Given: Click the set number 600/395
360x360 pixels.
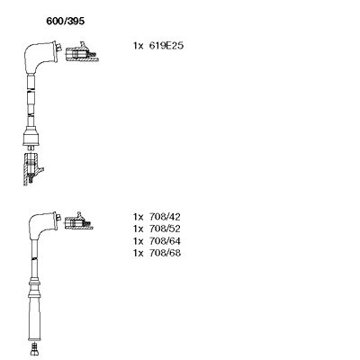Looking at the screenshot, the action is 65,21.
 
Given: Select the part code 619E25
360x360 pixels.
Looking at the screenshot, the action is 166,46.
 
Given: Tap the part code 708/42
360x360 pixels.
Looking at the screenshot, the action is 165,217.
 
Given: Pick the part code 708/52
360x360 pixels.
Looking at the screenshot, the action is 165,229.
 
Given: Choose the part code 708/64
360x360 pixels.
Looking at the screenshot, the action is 165,241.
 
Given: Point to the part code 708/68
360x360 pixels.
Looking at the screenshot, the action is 165,253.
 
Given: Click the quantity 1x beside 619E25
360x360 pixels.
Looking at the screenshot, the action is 138,46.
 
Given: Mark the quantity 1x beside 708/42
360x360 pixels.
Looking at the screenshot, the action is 138,217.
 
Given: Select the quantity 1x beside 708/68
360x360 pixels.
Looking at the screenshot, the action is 138,253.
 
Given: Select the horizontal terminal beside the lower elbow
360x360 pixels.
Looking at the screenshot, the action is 78,222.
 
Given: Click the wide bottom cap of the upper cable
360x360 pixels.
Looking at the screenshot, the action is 31,139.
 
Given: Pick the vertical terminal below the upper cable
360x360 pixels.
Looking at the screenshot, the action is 32,168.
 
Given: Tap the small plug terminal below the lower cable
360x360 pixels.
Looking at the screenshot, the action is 34,349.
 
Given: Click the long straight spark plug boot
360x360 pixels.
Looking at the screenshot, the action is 34,318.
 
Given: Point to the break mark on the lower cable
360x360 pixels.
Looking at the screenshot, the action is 34,258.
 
